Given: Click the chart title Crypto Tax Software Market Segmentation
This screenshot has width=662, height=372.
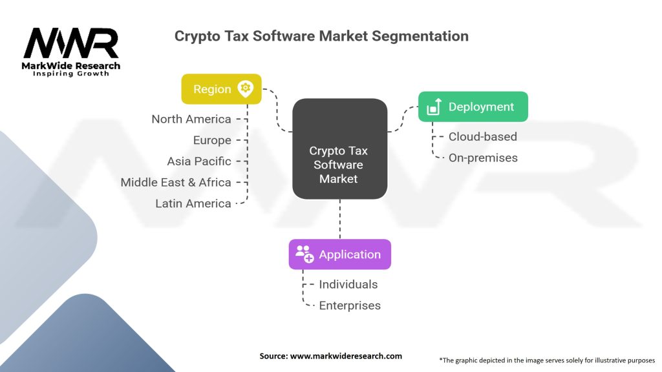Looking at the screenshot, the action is click(x=321, y=36).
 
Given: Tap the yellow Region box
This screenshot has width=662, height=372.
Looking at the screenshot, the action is click(x=221, y=89).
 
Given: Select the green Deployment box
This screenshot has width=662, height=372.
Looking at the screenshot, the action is click(x=473, y=107).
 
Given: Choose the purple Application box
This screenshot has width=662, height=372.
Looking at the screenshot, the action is click(x=339, y=254).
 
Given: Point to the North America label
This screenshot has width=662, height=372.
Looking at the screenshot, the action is click(x=191, y=119).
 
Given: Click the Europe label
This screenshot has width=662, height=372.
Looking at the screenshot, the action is click(x=211, y=140).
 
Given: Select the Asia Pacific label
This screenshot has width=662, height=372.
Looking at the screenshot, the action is click(x=198, y=161).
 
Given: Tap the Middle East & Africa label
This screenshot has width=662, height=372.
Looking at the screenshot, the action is click(x=175, y=183).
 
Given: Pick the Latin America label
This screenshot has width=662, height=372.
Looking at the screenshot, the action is click(x=193, y=203).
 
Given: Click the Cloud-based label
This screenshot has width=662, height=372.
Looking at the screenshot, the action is click(x=482, y=136).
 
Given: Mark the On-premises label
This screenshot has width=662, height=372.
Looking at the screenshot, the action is click(x=483, y=158).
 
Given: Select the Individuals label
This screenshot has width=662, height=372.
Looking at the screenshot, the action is click(x=348, y=284).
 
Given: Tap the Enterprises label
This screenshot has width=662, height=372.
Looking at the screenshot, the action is click(x=350, y=305).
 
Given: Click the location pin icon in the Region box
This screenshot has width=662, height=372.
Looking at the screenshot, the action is click(x=246, y=89).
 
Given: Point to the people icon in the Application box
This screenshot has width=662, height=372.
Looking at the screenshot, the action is click(x=304, y=254).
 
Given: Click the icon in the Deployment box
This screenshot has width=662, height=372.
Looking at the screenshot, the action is click(x=434, y=107).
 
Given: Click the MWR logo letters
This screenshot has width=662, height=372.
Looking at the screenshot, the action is click(x=71, y=44).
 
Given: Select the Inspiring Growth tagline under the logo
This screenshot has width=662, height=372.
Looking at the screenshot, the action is click(x=71, y=74).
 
